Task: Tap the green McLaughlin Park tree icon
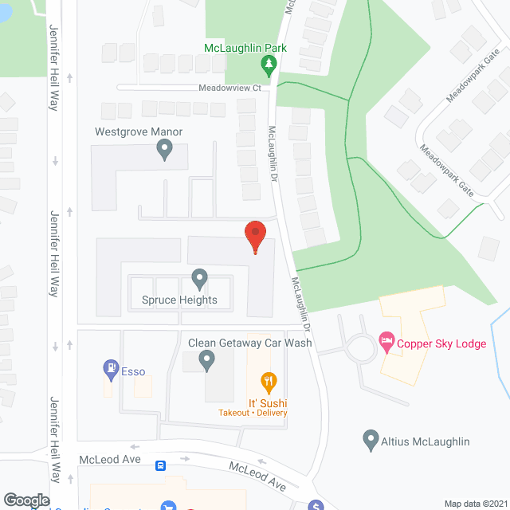tap(269, 64)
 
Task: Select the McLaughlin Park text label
tap(245, 48)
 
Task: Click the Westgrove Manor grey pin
tap(165, 148)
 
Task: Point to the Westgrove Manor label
tap(139, 131)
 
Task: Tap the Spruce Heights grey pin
tap(199, 280)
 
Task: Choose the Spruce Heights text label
tap(179, 300)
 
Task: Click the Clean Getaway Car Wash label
tap(249, 343)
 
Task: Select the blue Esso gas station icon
tap(111, 368)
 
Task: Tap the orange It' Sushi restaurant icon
tap(269, 383)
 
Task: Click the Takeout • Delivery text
tap(253, 413)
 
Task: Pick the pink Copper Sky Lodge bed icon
tap(387, 343)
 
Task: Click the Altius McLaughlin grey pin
tap(370, 440)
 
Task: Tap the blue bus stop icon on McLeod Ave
tap(160, 465)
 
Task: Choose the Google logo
tap(25, 500)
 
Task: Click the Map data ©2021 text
tap(475, 504)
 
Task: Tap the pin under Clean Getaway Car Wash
tap(207, 361)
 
